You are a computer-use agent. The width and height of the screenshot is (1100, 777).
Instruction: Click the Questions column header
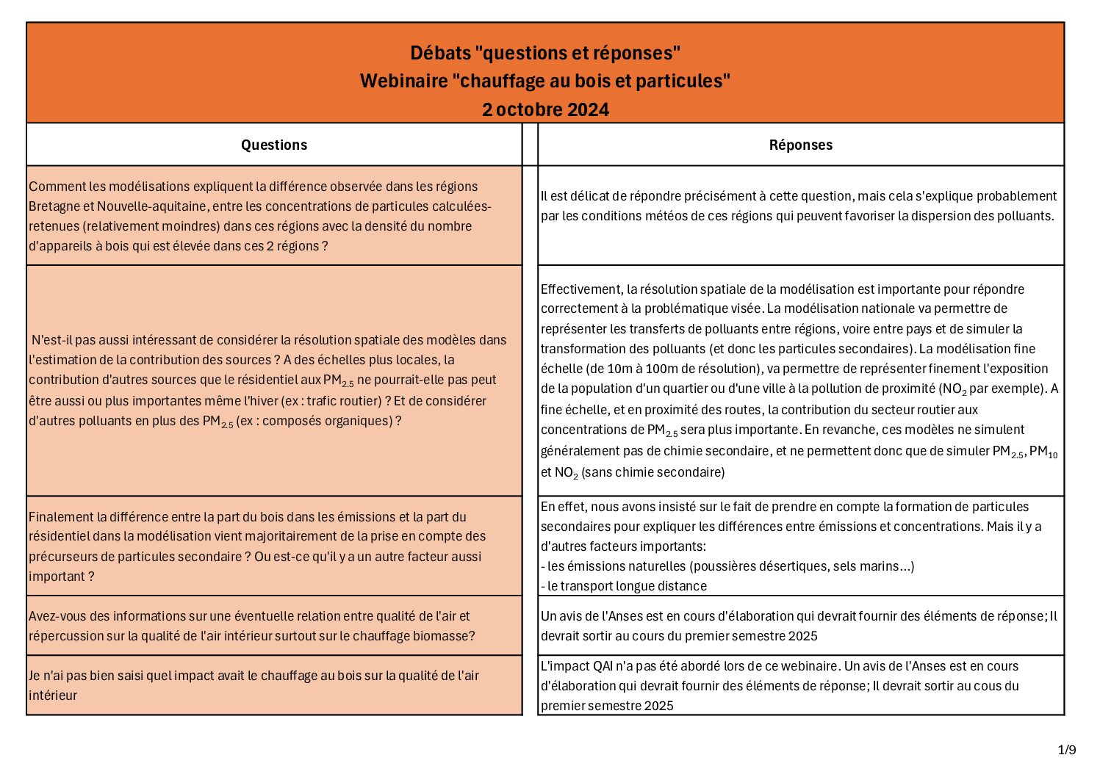click(x=274, y=145)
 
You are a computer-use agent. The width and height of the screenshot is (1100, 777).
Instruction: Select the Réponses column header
click(x=800, y=145)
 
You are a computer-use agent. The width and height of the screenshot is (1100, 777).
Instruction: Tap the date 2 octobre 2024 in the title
click(x=545, y=109)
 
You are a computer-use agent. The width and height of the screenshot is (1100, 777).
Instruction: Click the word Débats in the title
click(x=440, y=53)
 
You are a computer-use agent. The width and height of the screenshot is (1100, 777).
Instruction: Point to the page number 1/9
click(x=1067, y=750)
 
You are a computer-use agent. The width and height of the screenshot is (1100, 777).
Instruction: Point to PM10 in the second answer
click(x=1043, y=452)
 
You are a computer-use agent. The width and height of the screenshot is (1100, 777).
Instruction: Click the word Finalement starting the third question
click(x=62, y=517)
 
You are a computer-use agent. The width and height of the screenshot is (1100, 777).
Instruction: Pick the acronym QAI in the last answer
click(x=602, y=666)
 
